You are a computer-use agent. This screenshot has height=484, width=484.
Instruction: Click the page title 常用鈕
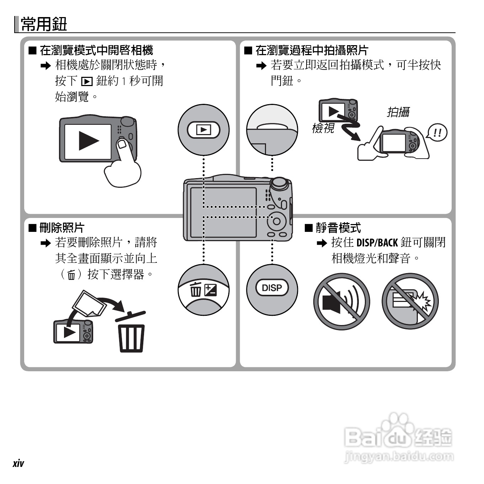pos(44,24)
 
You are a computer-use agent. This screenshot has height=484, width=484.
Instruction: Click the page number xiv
pos(18,463)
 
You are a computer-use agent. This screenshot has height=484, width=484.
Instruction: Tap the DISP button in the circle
pos(272,288)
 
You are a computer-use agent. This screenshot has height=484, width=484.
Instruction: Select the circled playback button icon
pos(203,129)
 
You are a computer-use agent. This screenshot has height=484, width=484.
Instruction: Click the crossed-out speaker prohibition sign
pos(341,302)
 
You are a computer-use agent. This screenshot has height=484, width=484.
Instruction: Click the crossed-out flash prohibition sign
pos(410,302)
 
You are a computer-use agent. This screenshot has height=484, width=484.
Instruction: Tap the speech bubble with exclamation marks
pos(437,133)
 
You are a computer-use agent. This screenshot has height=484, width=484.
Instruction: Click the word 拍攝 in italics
pos(398,112)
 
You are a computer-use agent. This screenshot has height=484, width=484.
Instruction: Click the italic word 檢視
pos(323,128)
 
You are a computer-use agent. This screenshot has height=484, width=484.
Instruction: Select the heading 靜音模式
pos(338,228)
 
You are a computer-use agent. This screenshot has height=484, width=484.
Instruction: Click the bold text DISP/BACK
pos(377,243)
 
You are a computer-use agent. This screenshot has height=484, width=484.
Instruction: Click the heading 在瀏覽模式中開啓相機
pos(96,50)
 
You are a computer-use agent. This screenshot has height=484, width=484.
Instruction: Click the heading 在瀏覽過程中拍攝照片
pos(312,50)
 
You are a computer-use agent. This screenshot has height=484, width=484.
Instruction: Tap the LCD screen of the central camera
pos(223,212)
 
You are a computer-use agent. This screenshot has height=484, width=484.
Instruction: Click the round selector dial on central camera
pos(276,221)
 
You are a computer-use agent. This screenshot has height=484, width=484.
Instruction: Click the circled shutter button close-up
pos(272,129)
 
